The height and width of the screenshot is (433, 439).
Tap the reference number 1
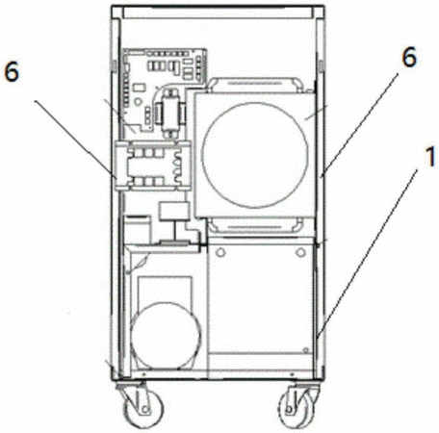[x=430, y=157]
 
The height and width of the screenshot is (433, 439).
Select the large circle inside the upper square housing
[x=255, y=155]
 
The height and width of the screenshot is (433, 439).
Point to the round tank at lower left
[x=166, y=336]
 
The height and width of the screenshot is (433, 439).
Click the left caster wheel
[x=143, y=408]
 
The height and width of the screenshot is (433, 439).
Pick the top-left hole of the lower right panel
[x=220, y=252]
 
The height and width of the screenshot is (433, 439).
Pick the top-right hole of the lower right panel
[x=300, y=252]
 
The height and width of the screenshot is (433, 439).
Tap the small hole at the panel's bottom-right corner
[x=306, y=349]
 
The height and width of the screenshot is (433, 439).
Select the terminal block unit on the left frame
[x=152, y=166]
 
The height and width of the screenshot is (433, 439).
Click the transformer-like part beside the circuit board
[x=170, y=114]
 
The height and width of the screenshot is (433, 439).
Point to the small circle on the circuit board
[x=138, y=102]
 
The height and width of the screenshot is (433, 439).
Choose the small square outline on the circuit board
[x=140, y=88]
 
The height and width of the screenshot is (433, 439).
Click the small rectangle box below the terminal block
[x=174, y=211]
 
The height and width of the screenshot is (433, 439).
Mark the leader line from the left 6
[x=75, y=138]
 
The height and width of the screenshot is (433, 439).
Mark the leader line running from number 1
[x=367, y=255]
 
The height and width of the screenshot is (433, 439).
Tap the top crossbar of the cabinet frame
[x=218, y=12]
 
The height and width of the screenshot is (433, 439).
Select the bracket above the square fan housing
[x=255, y=85]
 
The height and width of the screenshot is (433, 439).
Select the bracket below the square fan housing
[x=255, y=225]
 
